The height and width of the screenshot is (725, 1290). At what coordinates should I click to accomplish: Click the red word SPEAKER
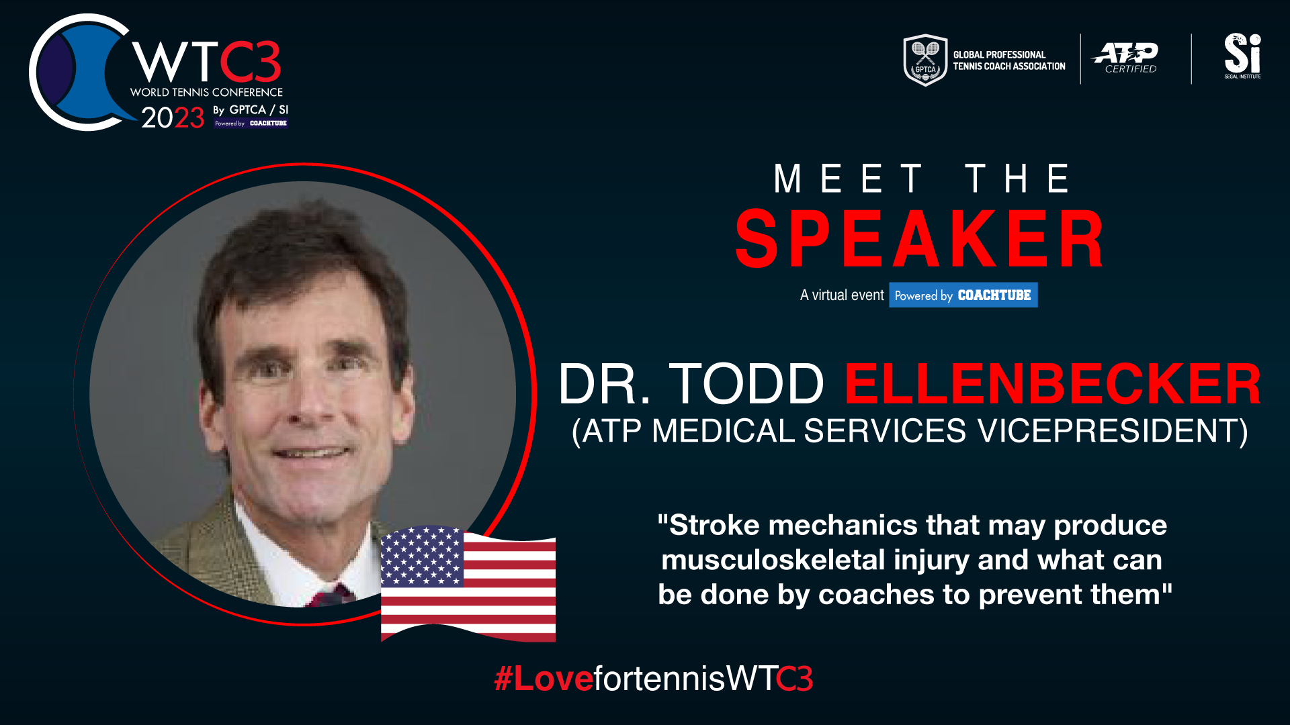pos(919,239)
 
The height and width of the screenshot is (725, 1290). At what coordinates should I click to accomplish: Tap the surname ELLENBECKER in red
pos(1053,384)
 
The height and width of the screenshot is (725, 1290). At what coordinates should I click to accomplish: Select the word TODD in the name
pos(746,384)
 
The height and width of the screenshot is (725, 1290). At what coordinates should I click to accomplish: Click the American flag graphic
pos(468,583)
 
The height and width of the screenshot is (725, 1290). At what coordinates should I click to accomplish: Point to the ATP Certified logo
pos(1125,58)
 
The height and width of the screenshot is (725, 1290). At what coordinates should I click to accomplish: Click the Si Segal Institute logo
pos(1242,56)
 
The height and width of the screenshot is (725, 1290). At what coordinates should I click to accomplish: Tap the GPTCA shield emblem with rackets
pos(925,60)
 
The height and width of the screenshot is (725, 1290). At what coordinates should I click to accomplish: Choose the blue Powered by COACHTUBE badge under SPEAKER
pos(963,295)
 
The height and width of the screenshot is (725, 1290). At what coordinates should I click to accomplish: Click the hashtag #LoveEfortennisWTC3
pos(653,678)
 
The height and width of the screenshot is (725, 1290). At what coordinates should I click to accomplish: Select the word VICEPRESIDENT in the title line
pos(1113,431)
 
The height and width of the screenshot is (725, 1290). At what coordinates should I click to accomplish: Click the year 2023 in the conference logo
pos(172,117)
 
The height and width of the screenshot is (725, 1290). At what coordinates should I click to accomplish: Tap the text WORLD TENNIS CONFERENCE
pos(206,92)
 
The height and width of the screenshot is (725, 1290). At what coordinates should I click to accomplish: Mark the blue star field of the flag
pos(422,557)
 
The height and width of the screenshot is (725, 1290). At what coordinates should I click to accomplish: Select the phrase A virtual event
pos(842,295)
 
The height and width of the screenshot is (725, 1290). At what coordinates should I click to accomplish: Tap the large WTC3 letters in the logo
pos(206,62)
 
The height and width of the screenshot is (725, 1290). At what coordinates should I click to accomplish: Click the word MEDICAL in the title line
pos(723,431)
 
